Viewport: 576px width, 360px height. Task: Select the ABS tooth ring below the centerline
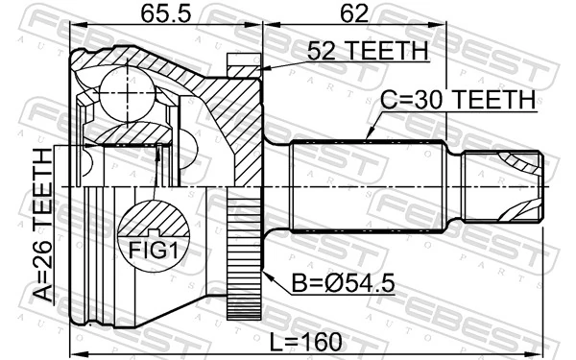point(245,259)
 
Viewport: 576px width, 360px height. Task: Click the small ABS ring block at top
point(244,64)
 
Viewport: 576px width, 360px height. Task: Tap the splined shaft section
point(365,182)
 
